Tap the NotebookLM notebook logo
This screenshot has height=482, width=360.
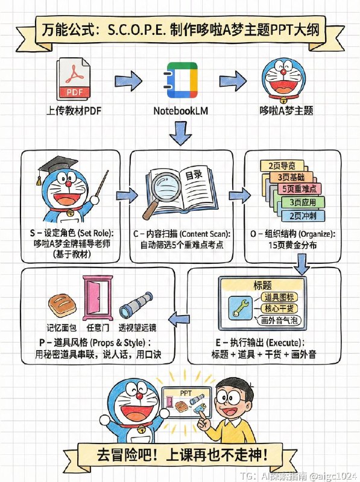[180, 80]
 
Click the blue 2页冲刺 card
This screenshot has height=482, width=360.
[303, 215]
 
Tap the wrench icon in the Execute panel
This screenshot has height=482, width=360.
[237, 308]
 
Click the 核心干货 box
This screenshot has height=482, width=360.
[276, 309]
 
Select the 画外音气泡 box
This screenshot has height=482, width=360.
[276, 322]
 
